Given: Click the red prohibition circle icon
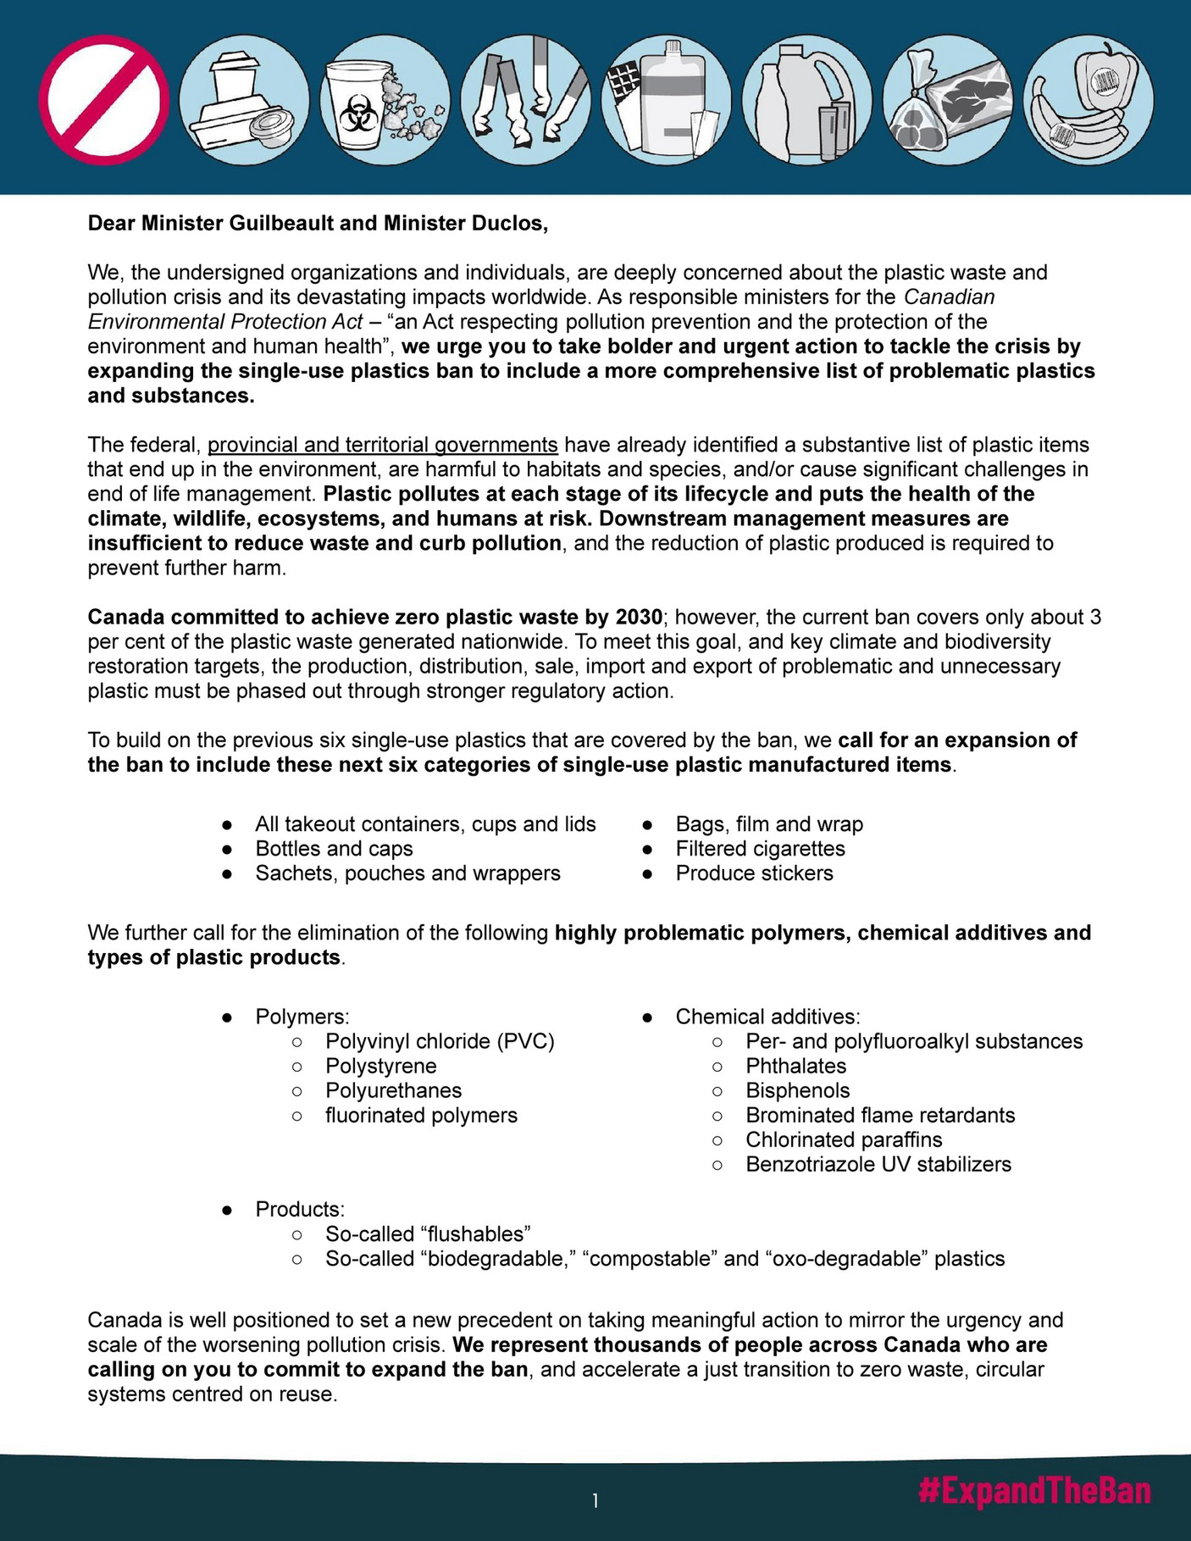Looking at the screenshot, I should coord(104,100).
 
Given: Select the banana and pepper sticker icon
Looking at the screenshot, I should coord(1088,100).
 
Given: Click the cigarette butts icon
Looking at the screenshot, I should coord(525,100).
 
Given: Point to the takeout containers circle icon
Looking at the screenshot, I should coord(244,100).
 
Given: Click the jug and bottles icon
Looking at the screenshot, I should coord(806,100).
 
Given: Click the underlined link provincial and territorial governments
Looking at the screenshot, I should coord(382,445).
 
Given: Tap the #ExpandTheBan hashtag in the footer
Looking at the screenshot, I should coord(1034,1492).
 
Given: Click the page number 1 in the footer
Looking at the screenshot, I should coord(595,1501).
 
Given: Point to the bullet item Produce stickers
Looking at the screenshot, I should coord(754,873).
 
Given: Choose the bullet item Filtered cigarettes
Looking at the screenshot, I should coord(760,849).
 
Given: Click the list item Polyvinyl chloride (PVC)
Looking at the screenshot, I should coord(440,1041).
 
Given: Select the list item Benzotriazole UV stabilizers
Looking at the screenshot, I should coord(878,1164).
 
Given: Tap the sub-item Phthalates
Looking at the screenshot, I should coord(795,1066).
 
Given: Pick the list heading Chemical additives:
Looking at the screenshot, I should coord(767,1017).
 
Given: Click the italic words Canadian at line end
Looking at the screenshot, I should coord(949,297).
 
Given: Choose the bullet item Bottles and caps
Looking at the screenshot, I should coord(334,849).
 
